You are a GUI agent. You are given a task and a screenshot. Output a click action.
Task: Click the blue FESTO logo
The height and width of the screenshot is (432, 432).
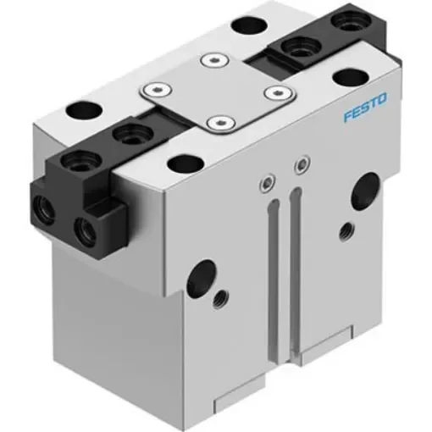pos(365,111)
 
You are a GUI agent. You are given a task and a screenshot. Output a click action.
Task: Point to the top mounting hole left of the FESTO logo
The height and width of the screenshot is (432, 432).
pos(347,77)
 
